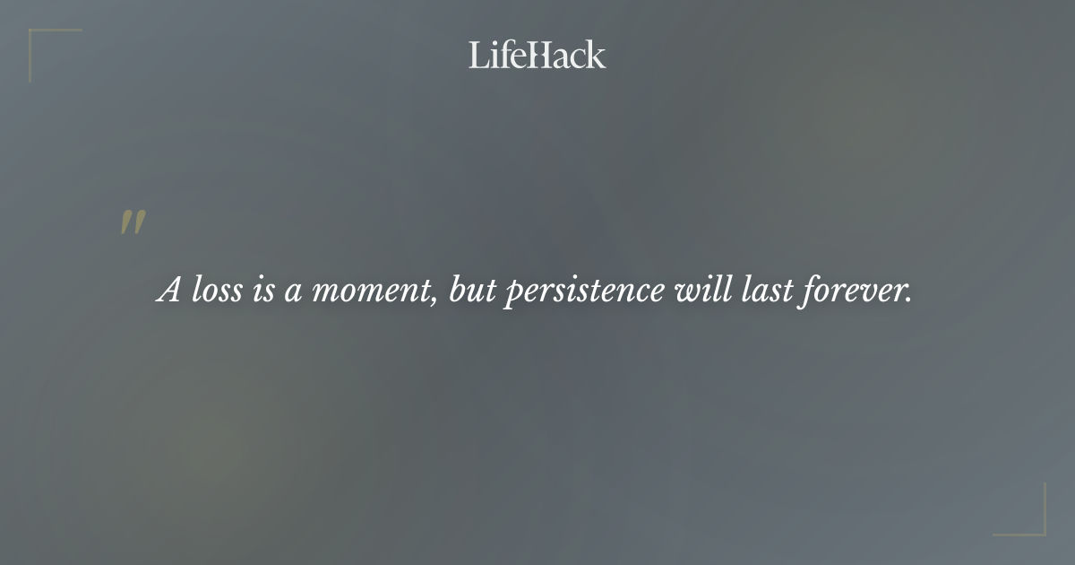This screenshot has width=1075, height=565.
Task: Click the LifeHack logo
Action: [x=537, y=56]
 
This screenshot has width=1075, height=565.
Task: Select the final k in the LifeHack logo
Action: [x=597, y=56]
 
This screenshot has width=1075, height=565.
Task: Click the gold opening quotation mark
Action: [x=133, y=223]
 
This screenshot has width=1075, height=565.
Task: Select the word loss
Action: [x=217, y=291]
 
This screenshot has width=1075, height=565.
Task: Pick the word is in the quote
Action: [x=262, y=291]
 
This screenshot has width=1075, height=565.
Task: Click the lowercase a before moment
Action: [x=292, y=292]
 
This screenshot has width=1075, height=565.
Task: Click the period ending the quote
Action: [x=907, y=299]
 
